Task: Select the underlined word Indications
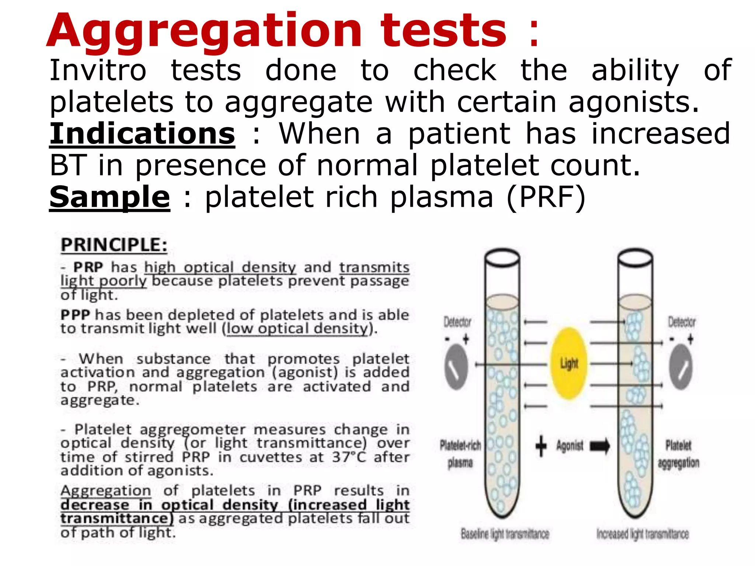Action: point(142,133)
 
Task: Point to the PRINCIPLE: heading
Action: point(114,245)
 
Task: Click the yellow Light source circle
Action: point(568,363)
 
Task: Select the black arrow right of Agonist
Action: point(600,446)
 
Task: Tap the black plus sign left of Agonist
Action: point(541,446)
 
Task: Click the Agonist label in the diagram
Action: point(570,446)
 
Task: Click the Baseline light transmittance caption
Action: point(505,534)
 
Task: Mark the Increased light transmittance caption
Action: point(643,534)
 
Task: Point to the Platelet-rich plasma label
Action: point(460,454)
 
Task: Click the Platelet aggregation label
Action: point(679,454)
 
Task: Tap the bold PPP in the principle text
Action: point(76,315)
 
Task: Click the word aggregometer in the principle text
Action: point(192,430)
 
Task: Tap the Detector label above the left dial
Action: point(457,322)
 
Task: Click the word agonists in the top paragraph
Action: point(633,102)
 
